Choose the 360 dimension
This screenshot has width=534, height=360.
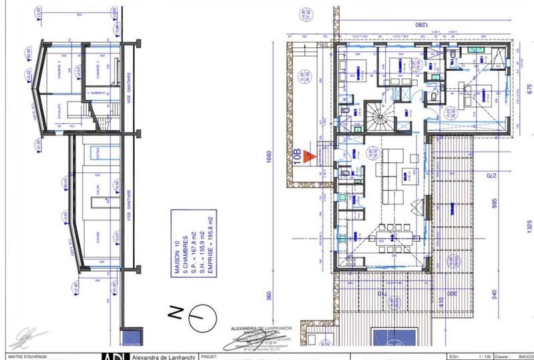pyautogui.click(x=271, y=297)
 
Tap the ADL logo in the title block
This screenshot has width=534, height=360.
pyautogui.click(x=113, y=356)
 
